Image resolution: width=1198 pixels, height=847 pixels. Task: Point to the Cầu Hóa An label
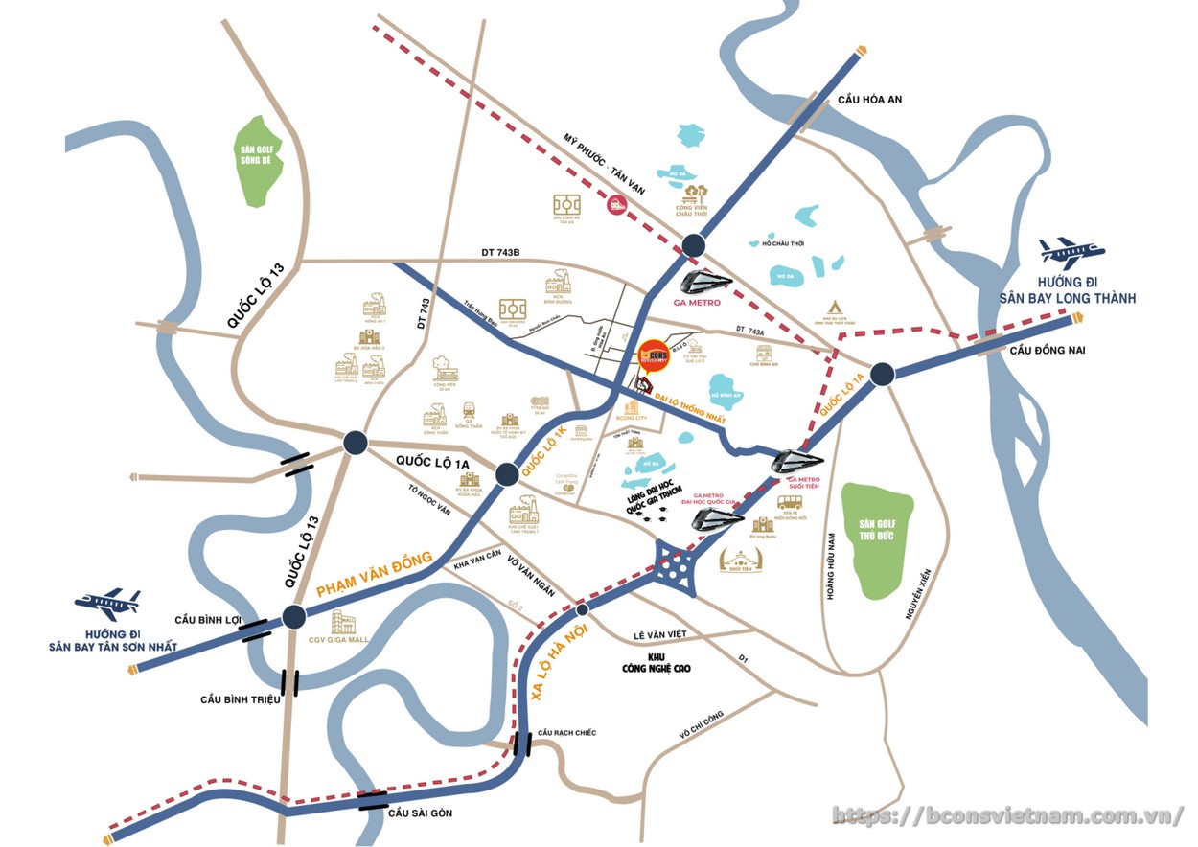tap(869, 100)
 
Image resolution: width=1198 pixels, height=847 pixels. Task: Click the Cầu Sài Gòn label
tap(420, 813)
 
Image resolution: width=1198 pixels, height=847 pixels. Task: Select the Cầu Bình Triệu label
tap(240, 699)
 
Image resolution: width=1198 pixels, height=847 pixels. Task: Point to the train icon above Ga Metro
tap(706, 281)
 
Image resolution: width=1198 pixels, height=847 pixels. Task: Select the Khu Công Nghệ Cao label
tap(656, 662)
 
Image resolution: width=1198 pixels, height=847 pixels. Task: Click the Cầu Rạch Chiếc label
tap(566, 733)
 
